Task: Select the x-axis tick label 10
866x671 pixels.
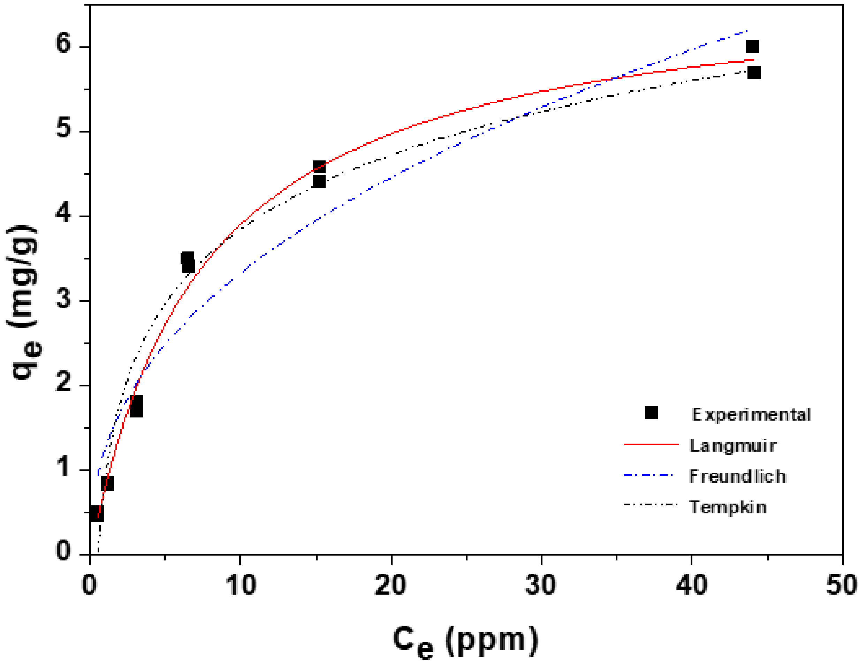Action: tap(240, 585)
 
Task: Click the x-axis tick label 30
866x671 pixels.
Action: tap(541, 585)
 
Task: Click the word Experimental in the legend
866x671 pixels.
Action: tap(751, 415)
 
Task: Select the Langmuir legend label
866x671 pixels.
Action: tap(733, 446)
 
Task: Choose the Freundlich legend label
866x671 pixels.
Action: tap(737, 477)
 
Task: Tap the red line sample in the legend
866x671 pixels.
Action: tap(651, 445)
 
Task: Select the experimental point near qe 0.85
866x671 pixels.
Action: tap(107, 483)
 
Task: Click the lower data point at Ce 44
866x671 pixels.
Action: tap(754, 73)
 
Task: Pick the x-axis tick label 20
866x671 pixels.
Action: tap(390, 585)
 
